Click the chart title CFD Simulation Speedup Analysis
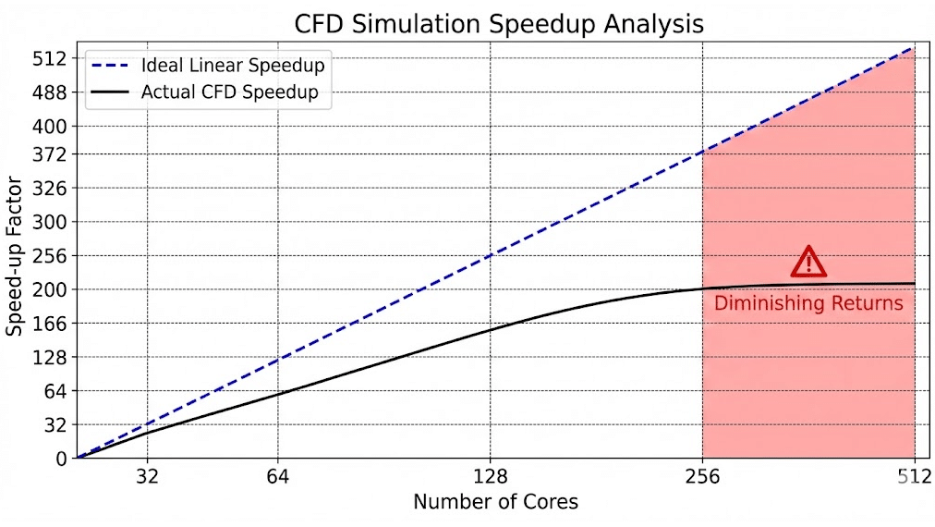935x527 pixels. tap(499, 23)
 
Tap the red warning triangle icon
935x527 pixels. tap(808, 262)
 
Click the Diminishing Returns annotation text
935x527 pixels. tap(808, 303)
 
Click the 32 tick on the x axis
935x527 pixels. tap(148, 477)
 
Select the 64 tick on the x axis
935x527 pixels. tap(278, 477)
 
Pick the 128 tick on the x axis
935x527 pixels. tap(491, 477)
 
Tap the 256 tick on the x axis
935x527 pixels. tap(703, 477)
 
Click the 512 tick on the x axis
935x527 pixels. tap(914, 477)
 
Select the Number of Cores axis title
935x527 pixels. tap(495, 502)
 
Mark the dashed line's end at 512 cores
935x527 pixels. tap(914, 47)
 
